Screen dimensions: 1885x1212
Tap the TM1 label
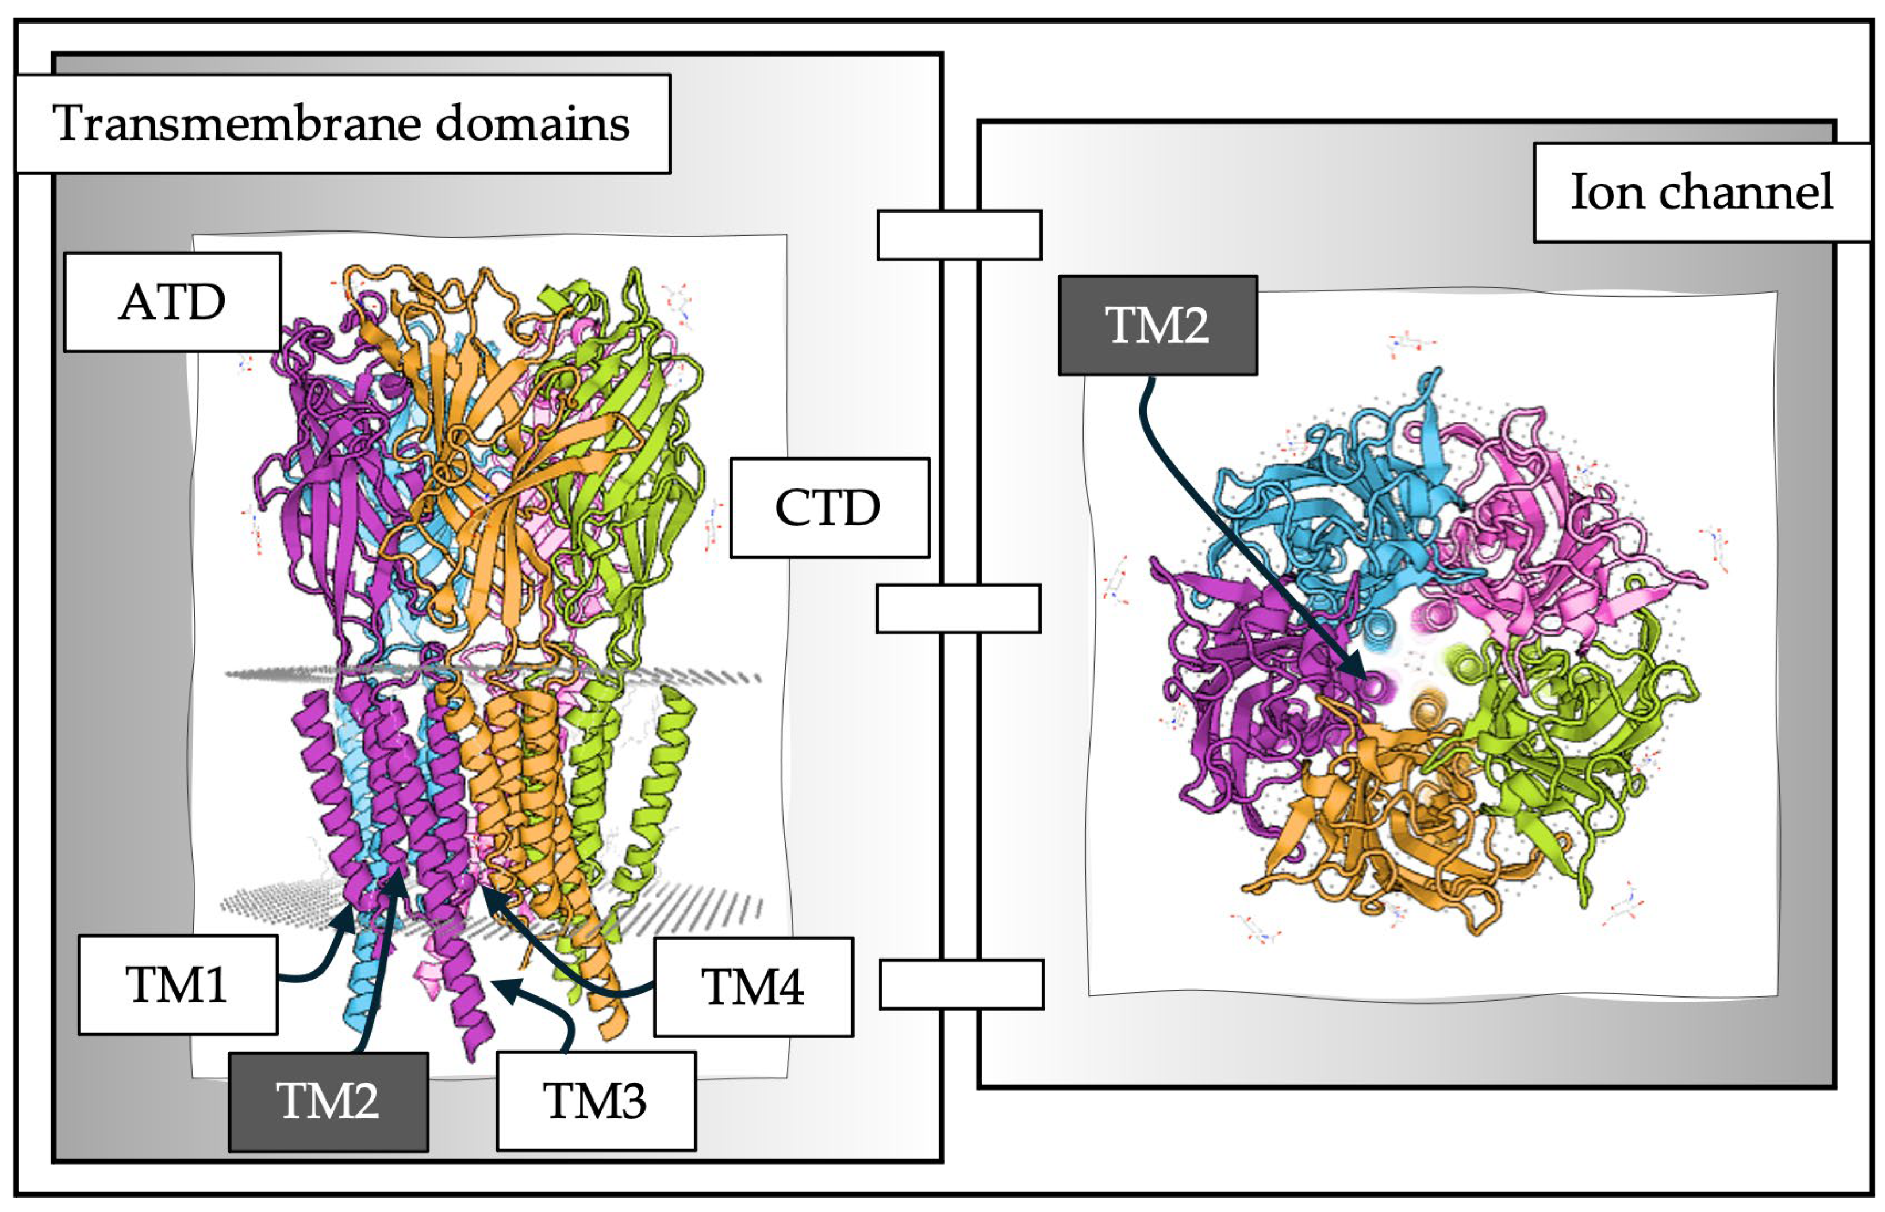pos(177,984)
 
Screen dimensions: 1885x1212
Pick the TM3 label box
pos(596,1101)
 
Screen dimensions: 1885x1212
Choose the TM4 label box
pos(753,987)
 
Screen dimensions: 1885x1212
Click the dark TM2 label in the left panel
pos(328,1101)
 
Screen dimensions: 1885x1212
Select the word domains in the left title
pos(532,124)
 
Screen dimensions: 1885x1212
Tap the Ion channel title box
pos(1701,192)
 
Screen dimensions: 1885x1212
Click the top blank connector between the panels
pos(959,234)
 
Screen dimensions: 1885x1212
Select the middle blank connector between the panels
pos(958,609)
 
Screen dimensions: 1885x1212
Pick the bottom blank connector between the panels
pos(961,984)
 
